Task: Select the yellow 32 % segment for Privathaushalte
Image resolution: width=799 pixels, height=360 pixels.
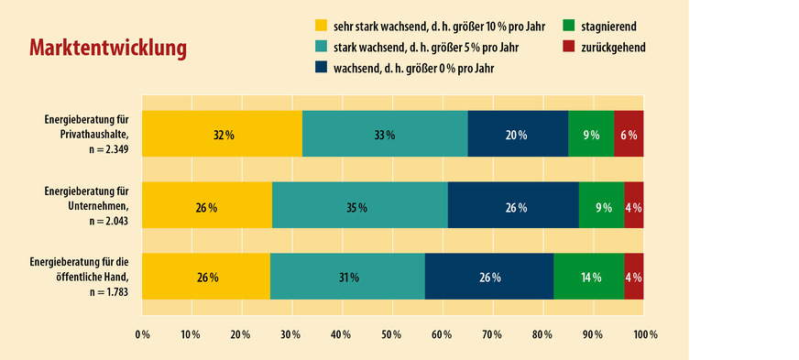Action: (x=222, y=135)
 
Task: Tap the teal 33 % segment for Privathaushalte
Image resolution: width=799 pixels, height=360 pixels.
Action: (x=385, y=135)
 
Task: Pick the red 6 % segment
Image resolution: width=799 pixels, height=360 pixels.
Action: (x=629, y=135)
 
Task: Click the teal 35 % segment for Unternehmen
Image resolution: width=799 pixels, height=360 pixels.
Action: (x=359, y=207)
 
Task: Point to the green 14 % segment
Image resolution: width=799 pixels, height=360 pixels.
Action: (x=589, y=278)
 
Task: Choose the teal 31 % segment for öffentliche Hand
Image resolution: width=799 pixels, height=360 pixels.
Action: (x=347, y=278)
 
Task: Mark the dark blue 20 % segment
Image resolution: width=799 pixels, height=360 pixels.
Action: (x=518, y=135)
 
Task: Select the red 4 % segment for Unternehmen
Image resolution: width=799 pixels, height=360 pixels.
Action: (x=633, y=207)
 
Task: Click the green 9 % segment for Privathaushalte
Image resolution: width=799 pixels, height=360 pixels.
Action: (x=591, y=135)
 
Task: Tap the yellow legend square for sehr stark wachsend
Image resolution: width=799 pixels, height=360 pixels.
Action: (x=320, y=26)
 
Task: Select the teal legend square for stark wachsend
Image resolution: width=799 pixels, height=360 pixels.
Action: (x=320, y=46)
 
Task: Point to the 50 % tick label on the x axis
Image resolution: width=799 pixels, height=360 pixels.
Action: (x=392, y=334)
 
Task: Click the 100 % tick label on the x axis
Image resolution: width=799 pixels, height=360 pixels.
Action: (x=644, y=334)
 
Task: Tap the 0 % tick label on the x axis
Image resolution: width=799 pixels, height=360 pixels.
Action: (x=142, y=334)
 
